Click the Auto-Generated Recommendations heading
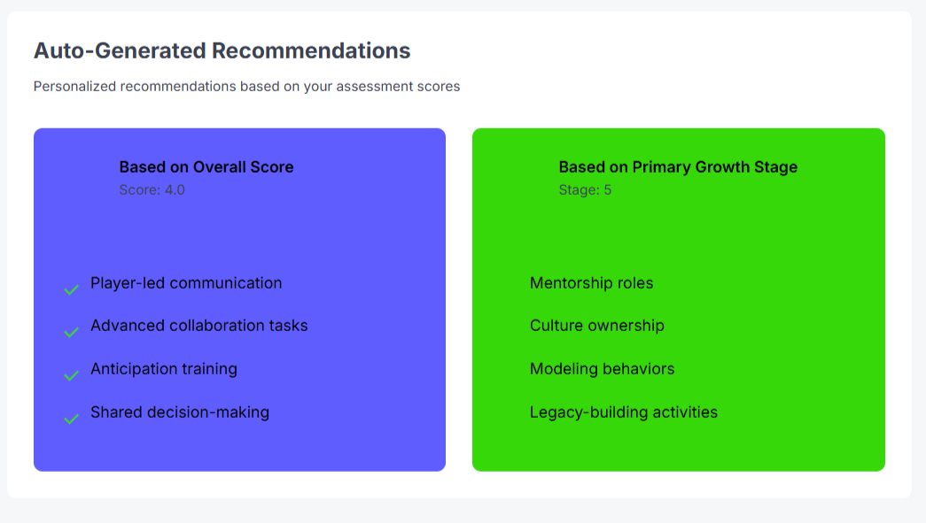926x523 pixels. [222, 50]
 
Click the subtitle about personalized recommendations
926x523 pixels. [246, 87]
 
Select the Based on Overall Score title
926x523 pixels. [206, 167]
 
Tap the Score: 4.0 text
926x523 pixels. [152, 189]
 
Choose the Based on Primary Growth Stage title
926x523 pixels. [678, 167]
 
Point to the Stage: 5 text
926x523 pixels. [585, 189]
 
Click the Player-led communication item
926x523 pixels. [186, 283]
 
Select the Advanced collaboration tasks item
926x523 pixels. [199, 326]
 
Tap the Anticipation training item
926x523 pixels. [164, 369]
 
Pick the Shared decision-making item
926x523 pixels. [180, 412]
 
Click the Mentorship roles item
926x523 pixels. [591, 283]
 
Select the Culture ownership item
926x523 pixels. [596, 326]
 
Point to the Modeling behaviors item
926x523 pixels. [602, 369]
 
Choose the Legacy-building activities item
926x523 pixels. [624, 412]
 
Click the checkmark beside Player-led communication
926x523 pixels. [72, 289]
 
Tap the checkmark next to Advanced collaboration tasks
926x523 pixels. [72, 332]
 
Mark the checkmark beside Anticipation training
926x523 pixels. [72, 375]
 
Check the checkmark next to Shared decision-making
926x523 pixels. [72, 419]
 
